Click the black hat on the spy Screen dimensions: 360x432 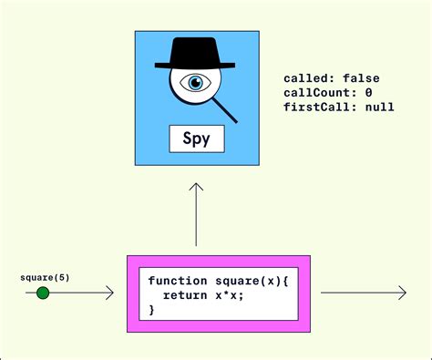click(196, 53)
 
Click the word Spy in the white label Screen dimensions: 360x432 click(196, 139)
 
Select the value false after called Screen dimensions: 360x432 click(361, 78)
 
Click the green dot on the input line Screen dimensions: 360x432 click(43, 293)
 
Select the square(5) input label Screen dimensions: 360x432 click(42, 276)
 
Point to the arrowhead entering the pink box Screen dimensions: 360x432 click(109, 293)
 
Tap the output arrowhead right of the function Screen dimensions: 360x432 click(401, 293)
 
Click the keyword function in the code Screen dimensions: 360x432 click(177, 281)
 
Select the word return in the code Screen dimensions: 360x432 click(185, 295)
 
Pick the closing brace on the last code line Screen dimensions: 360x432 click(152, 310)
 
